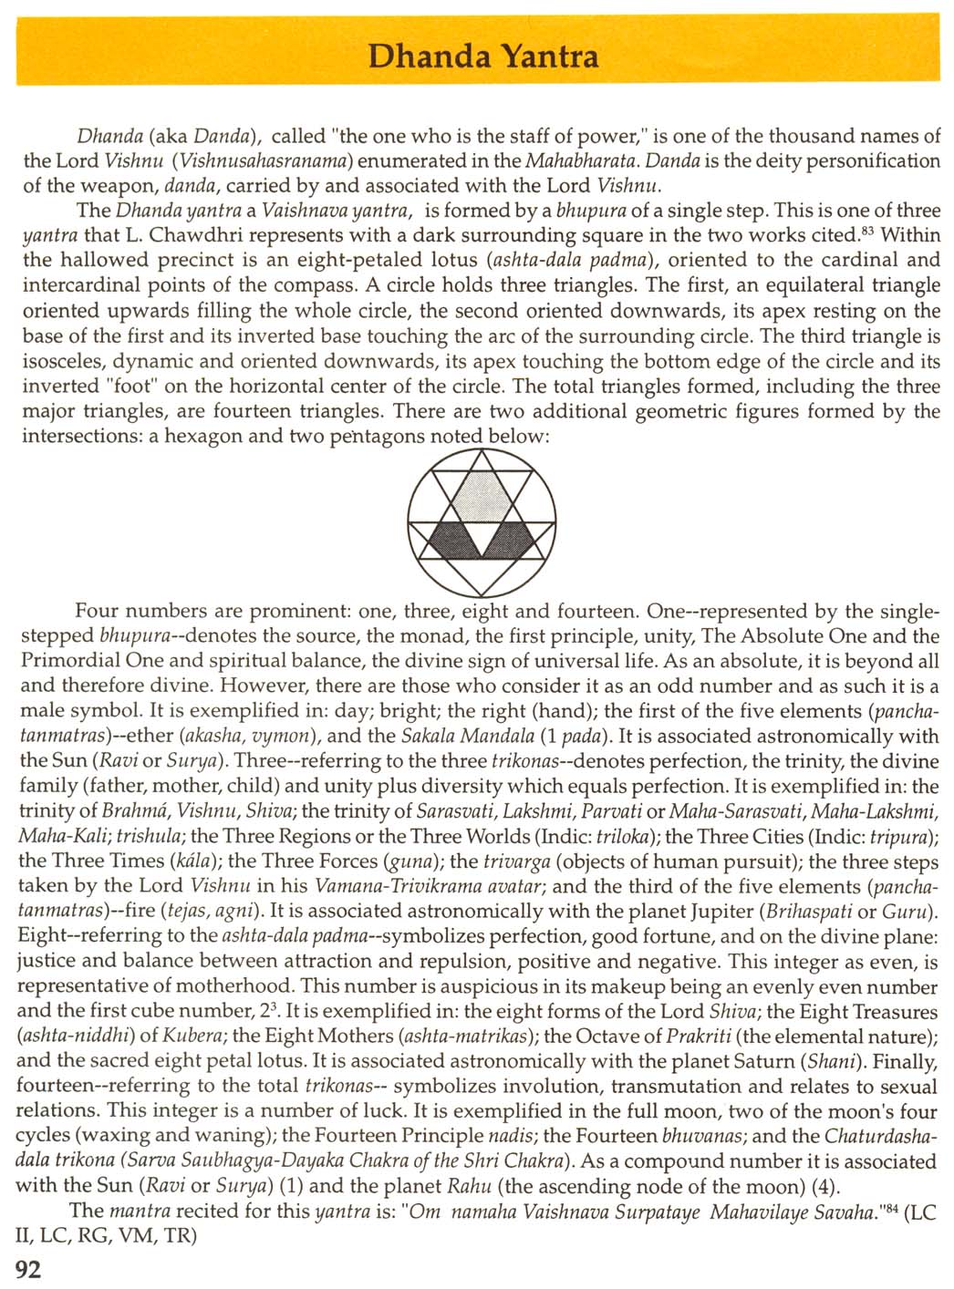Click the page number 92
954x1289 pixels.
pyautogui.click(x=28, y=1268)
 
